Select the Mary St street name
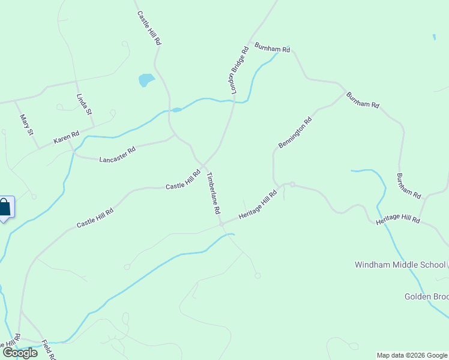pyautogui.click(x=26, y=125)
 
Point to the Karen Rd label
pyautogui.click(x=66, y=138)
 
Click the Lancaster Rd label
pyautogui.click(x=118, y=155)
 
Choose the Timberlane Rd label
pyautogui.click(x=214, y=194)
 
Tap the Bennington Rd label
pyautogui.click(x=295, y=133)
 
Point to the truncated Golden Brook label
pyautogui.click(x=426, y=297)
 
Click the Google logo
pyautogui.click(x=20, y=353)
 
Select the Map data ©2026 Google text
pyautogui.click(x=412, y=355)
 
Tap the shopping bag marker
pyautogui.click(x=5, y=208)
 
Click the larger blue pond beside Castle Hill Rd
pyautogui.click(x=146, y=80)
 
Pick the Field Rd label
pyautogui.click(x=49, y=350)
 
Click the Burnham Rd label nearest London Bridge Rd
pyautogui.click(x=273, y=47)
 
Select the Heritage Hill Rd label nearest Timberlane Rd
pyautogui.click(x=258, y=205)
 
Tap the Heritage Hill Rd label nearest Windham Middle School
pyautogui.click(x=397, y=220)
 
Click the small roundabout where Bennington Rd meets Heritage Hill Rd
pyautogui.click(x=292, y=184)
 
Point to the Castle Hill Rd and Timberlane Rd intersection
pyautogui.click(x=203, y=166)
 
